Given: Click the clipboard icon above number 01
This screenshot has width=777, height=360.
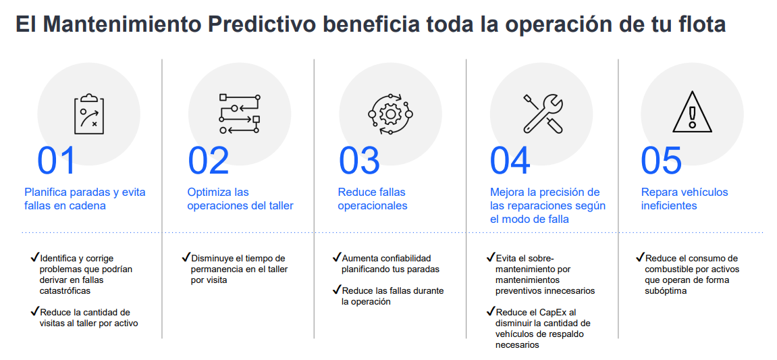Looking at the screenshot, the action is point(88,113).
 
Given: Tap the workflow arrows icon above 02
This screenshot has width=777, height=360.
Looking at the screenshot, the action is point(240,113).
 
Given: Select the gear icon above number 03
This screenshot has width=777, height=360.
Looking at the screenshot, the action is point(390,114).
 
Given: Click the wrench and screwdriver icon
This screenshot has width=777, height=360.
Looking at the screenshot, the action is point(542,113).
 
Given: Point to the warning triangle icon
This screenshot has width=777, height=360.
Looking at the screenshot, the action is point(692,113).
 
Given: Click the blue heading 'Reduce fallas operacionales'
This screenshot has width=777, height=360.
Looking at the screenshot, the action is point(373,199).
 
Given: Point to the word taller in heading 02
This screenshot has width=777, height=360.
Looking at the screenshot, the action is point(279,206).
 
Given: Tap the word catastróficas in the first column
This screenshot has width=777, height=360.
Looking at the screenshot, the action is point(65,291).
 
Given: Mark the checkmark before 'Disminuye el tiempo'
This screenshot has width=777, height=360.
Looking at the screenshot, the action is point(186,257).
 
